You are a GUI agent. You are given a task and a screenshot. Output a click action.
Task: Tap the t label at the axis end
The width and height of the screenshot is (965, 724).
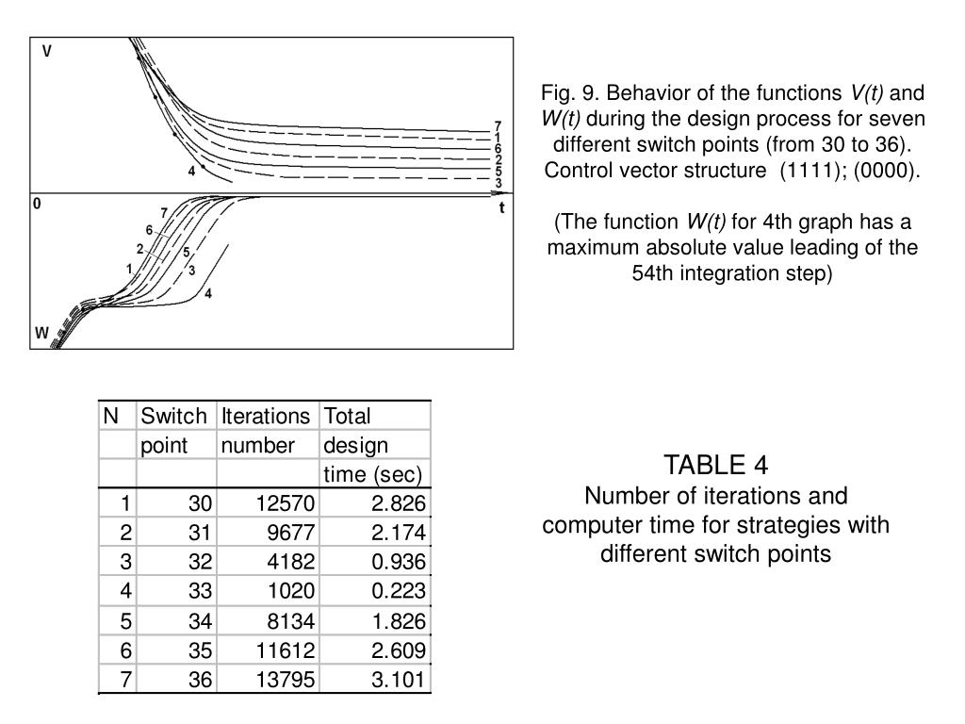[x=502, y=208]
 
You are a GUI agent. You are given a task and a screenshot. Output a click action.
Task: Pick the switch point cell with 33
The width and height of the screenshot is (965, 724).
[x=200, y=591]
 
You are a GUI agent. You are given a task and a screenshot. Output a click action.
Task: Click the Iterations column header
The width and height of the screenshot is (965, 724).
[x=267, y=416]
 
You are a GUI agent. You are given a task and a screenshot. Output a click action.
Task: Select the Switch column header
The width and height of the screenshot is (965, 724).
[x=173, y=416]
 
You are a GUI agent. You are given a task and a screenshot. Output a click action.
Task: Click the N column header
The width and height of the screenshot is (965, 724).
[x=111, y=416]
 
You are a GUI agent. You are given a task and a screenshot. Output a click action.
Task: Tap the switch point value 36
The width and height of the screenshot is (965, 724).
[x=200, y=680]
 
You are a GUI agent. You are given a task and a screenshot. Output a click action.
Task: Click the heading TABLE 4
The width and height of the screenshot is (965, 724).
[x=715, y=466]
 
